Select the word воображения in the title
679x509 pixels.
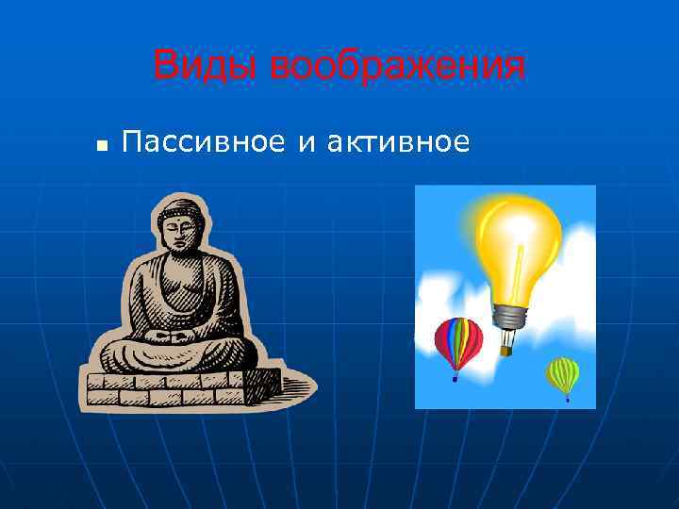pos(397,67)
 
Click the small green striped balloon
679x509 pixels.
pos(563,374)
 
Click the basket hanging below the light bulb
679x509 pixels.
pos(506,350)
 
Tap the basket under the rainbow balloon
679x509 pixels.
pos(455,378)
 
